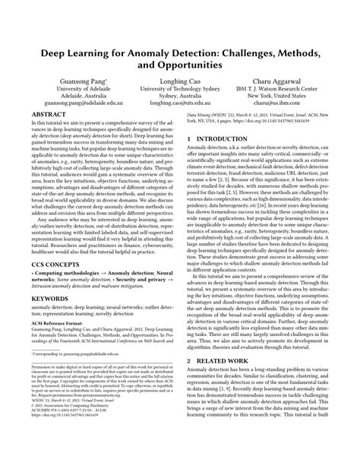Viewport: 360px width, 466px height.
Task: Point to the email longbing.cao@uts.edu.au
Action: [x=180, y=109]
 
